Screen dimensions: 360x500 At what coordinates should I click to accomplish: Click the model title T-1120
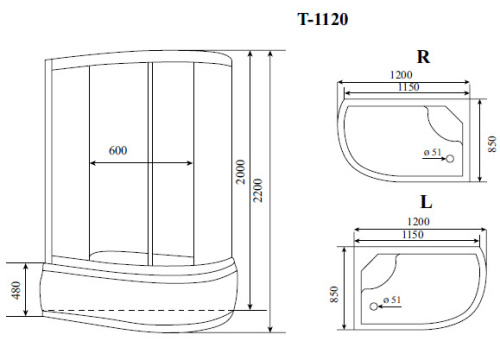[x=324, y=18]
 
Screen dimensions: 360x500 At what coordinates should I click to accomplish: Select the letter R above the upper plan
[x=423, y=58]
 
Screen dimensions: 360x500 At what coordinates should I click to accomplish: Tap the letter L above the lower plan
[x=425, y=204]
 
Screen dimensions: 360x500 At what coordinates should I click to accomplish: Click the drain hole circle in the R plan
[x=449, y=158]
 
